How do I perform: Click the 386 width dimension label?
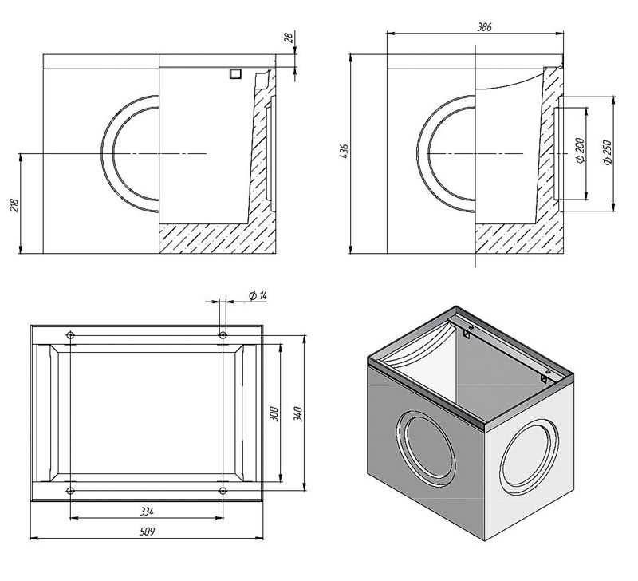pyautogui.click(x=484, y=27)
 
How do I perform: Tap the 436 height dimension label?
pyautogui.click(x=345, y=151)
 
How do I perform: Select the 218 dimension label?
pyautogui.click(x=14, y=206)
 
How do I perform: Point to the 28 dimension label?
pyautogui.click(x=288, y=38)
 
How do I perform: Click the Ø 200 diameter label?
pyautogui.click(x=580, y=151)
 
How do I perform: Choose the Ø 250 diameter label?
pyautogui.click(x=608, y=152)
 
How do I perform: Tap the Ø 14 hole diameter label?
pyautogui.click(x=258, y=296)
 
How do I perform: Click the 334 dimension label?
pyautogui.click(x=147, y=511)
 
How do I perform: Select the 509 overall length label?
pyautogui.click(x=147, y=532)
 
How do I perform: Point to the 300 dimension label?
pyautogui.click(x=274, y=414)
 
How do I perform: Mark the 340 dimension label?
pyautogui.click(x=298, y=413)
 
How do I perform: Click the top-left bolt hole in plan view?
pyautogui.click(x=70, y=335)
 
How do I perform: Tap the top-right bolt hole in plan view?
pyautogui.click(x=223, y=335)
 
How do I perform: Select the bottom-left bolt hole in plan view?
pyautogui.click(x=70, y=491)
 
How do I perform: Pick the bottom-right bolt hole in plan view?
pyautogui.click(x=223, y=491)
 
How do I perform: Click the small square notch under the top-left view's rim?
pyautogui.click(x=235, y=73)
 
